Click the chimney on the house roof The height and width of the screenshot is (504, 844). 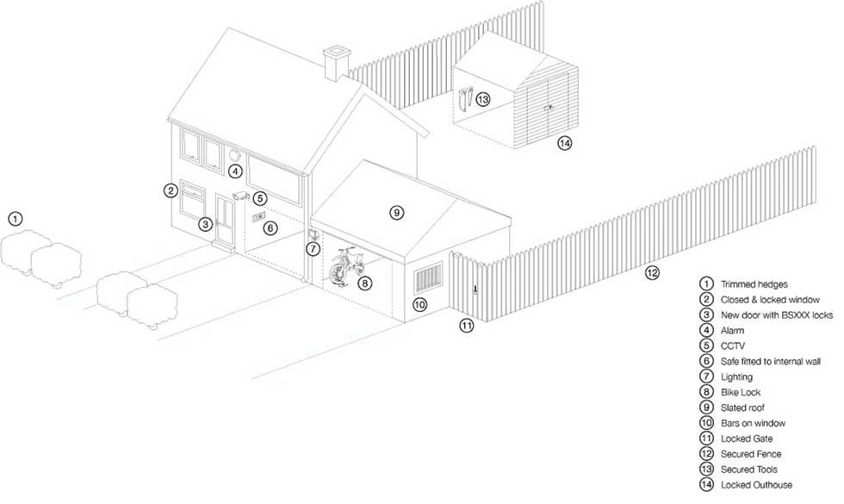pyautogui.click(x=337, y=63)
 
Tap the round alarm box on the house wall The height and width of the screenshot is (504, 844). pyautogui.click(x=234, y=154)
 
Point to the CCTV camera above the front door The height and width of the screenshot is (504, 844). pyautogui.click(x=241, y=195)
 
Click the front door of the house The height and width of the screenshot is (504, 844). pyautogui.click(x=225, y=220)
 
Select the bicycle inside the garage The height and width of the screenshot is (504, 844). pyautogui.click(x=346, y=265)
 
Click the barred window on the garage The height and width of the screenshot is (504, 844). pyautogui.click(x=428, y=278)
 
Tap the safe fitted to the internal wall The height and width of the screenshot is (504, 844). pyautogui.click(x=259, y=216)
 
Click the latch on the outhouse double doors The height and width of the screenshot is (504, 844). pyautogui.click(x=549, y=108)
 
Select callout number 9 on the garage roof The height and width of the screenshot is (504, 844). pyautogui.click(x=397, y=213)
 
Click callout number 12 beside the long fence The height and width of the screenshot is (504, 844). pyautogui.click(x=652, y=273)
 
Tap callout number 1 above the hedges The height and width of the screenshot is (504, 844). pyautogui.click(x=16, y=219)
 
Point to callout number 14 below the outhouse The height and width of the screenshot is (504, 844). pyautogui.click(x=564, y=143)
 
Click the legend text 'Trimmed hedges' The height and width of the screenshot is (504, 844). pyautogui.click(x=754, y=284)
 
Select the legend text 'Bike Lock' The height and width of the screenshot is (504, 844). pyautogui.click(x=741, y=393)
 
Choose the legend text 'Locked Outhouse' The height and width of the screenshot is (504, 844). pyautogui.click(x=756, y=485)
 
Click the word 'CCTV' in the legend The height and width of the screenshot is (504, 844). pyautogui.click(x=733, y=346)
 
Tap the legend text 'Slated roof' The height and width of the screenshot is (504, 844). pyautogui.click(x=742, y=408)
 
